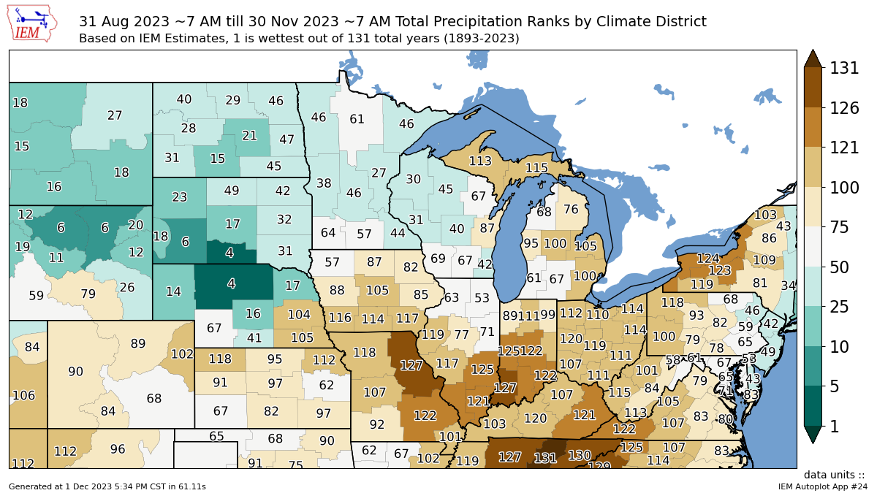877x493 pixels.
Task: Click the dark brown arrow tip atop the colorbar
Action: coord(812,58)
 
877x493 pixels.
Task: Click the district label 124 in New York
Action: coord(707,259)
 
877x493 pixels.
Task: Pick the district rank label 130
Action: coord(579,455)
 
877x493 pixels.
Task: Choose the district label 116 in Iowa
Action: coord(340,318)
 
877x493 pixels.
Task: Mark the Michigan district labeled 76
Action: coord(572,210)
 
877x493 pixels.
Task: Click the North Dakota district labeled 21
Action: coord(250,136)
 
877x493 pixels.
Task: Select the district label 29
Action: coord(233,100)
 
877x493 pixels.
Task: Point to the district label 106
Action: coord(23,395)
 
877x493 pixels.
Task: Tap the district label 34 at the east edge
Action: coord(788,286)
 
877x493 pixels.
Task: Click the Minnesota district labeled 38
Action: coord(324,183)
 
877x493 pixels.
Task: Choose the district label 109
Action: coord(764,260)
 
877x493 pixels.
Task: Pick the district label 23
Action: coord(180,196)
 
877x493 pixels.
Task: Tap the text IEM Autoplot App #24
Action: coord(822,486)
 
